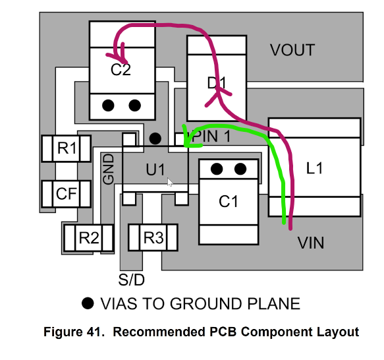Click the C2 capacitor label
tap(121, 70)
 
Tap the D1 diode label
tap(217, 83)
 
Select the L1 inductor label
tap(314, 168)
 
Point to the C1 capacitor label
tap(228, 202)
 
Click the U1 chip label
tap(155, 169)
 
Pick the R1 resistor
tap(67, 148)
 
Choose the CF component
tap(67, 194)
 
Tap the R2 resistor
tap(89, 238)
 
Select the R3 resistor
tap(153, 237)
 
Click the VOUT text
tap(292, 50)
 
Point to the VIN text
tap(311, 243)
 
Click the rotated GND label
tap(109, 169)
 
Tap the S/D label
tap(132, 280)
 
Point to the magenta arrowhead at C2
tap(119, 54)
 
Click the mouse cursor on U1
tap(170, 182)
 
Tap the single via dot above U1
tap(155, 138)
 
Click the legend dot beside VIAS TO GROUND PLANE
tap(88, 303)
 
